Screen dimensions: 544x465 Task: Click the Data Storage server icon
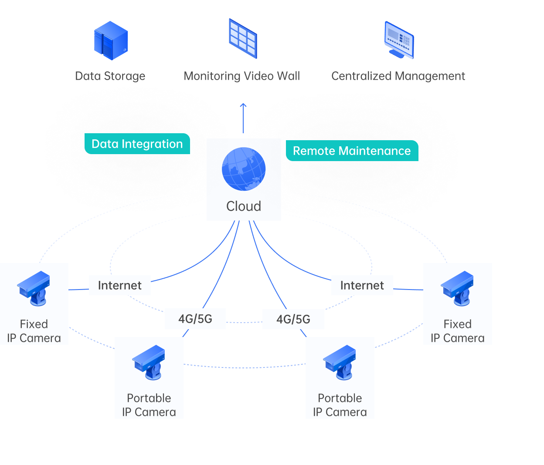coord(111,40)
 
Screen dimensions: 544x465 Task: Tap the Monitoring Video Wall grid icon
coord(243,38)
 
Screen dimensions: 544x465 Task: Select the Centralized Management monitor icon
coord(399,40)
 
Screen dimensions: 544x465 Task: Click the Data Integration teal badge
coord(137,144)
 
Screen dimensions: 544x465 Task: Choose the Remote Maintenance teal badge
coord(352,151)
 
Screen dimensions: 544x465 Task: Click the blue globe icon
coord(244,169)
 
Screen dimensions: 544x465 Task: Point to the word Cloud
coord(244,206)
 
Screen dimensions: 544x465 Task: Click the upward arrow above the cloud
coord(243,118)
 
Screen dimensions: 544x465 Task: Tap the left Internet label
coord(120,285)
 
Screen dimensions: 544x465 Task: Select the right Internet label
coord(362,285)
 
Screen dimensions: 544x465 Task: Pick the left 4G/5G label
coord(195,319)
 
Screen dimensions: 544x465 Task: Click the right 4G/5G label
coord(293,319)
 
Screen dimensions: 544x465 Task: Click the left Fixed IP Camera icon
coord(34,288)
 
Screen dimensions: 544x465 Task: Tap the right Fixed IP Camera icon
coord(457,288)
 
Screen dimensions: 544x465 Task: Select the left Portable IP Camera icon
coord(149,363)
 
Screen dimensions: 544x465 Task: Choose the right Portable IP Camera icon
coord(340,363)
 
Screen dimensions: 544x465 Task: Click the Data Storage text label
coord(110,76)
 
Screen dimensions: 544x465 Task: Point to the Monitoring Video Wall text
coord(241,76)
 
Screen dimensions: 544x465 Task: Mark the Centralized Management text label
coord(398,76)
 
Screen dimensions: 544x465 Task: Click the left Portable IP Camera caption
coord(149,405)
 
